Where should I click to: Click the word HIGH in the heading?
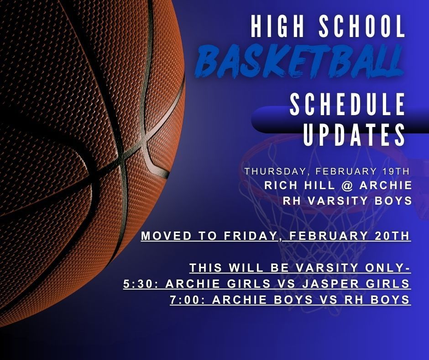(x=275, y=27)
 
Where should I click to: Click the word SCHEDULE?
(x=348, y=105)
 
